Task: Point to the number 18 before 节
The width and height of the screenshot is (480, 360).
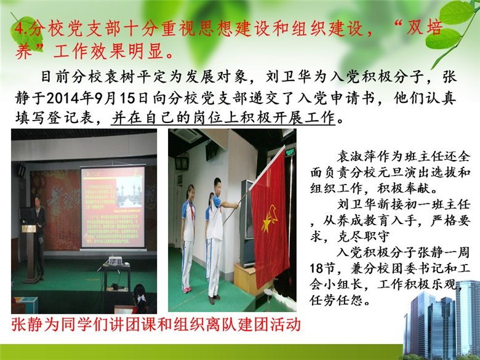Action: coord(316,268)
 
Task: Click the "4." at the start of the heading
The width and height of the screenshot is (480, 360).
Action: coord(19,29)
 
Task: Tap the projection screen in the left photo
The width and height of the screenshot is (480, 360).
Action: coord(113,207)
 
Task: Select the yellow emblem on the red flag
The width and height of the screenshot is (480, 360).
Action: coord(270,218)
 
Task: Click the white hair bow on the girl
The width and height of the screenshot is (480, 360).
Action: coord(141,298)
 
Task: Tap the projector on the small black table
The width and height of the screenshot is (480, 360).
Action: coord(116,261)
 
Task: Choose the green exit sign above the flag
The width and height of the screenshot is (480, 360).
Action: coord(289,151)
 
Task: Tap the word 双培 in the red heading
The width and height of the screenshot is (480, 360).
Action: coord(424,28)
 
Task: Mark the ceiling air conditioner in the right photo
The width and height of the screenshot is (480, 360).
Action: coord(187,135)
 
